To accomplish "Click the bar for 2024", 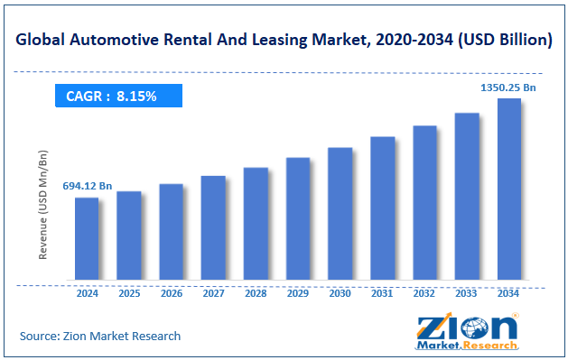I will coord(87,238).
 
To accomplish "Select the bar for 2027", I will coord(213,227).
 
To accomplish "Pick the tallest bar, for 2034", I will coord(508,189).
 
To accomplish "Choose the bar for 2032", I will coord(424,202).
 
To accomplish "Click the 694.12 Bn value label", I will coord(87,186).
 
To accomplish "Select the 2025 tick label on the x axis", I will coord(129,293).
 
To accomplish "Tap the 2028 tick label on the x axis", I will coord(256,293).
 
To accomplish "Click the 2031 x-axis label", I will coord(382,293).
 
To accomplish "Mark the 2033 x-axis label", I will coord(466,293).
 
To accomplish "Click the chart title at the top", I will coord(283,40).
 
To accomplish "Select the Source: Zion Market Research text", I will coord(100,336).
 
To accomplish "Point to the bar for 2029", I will coord(298,218).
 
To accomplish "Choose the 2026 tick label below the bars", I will coord(172,293).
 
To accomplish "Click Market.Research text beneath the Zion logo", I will coord(467,346).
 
